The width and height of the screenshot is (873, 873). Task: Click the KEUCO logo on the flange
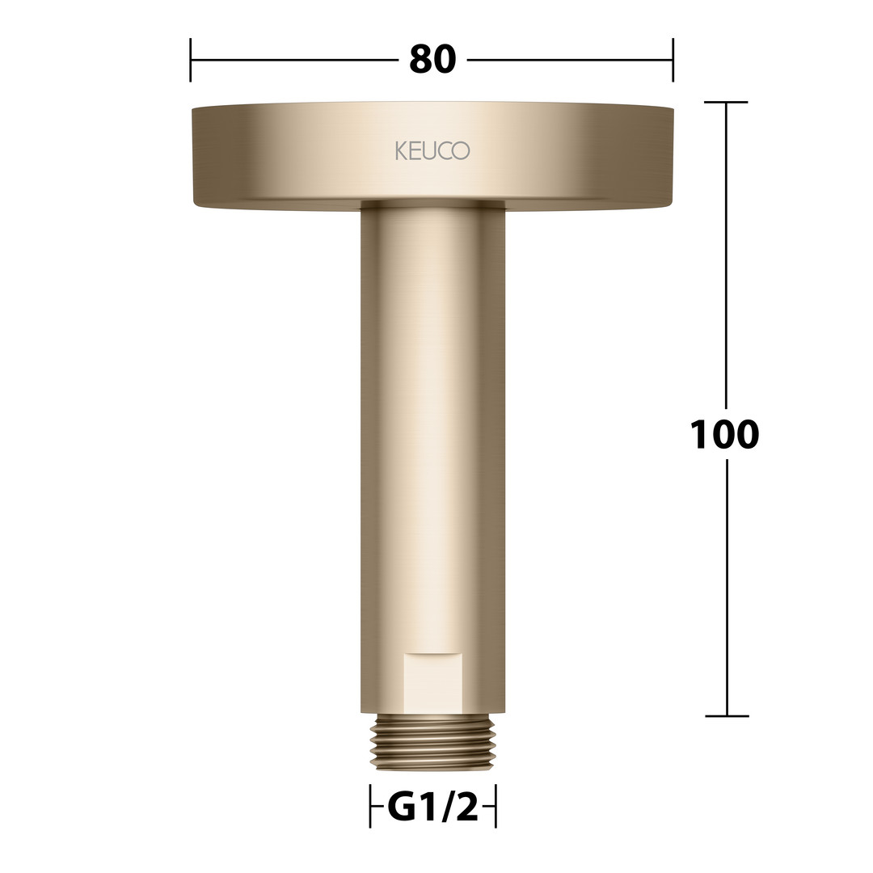coord(432,150)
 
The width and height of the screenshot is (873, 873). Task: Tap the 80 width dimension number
coord(432,60)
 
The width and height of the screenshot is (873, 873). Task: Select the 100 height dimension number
coord(724,434)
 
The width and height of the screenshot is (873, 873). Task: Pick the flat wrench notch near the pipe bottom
coord(432,682)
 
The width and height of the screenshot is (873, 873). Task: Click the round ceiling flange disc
coord(432,156)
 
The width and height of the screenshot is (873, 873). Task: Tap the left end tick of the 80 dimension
coord(191,60)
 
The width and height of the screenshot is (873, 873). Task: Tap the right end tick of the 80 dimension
coord(673,60)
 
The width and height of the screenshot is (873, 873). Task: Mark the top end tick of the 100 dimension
coord(726,102)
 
